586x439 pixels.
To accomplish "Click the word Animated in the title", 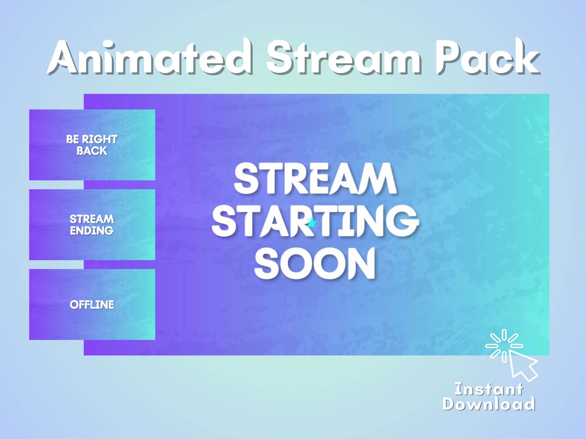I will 150,57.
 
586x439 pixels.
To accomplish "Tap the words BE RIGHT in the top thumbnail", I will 92,139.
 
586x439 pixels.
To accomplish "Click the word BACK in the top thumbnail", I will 92,151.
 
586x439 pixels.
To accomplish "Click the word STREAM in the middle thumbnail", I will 92,219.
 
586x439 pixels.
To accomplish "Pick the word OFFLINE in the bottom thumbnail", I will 92,305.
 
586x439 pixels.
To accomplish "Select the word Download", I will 489,404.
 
